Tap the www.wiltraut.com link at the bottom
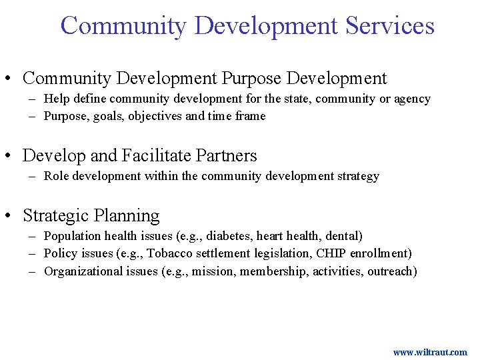(430, 352)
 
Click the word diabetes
(230, 236)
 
